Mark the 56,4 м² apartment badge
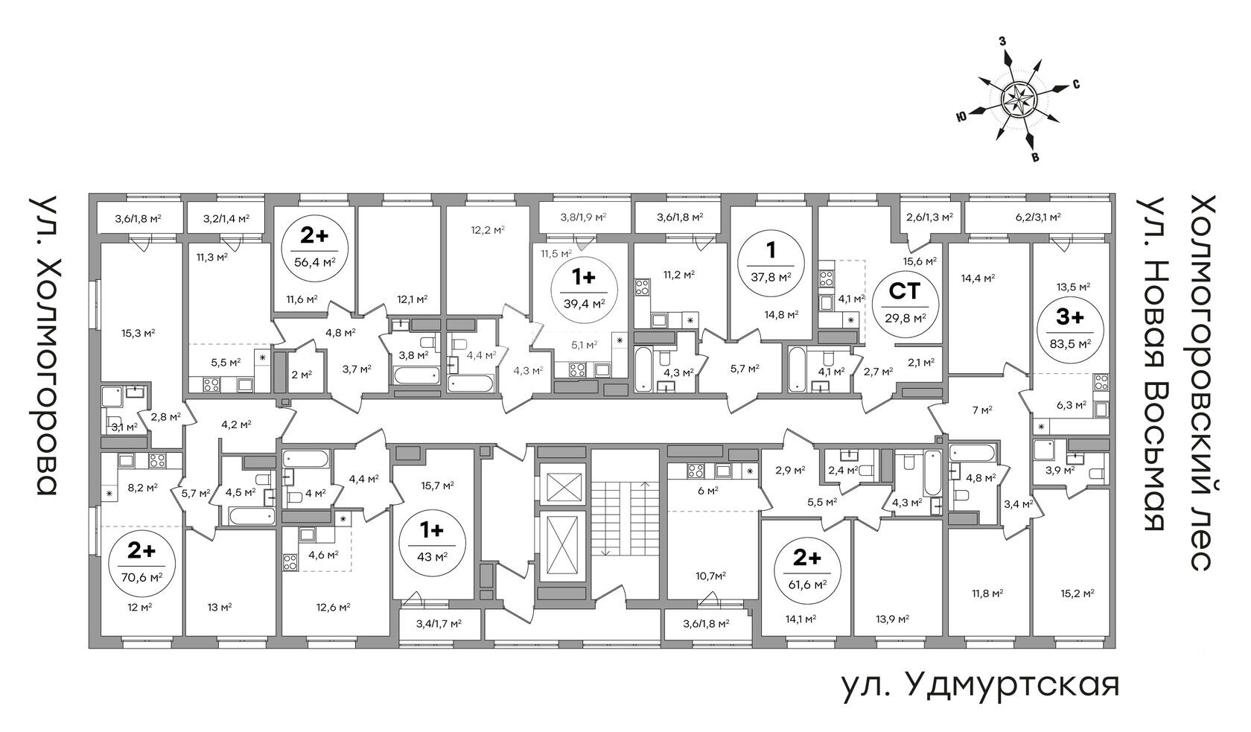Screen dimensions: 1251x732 click(x=315, y=250)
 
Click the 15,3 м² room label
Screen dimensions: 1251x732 click(x=138, y=334)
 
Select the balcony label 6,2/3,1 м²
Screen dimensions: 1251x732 click(x=1038, y=217)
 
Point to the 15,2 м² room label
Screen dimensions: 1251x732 click(x=1077, y=593)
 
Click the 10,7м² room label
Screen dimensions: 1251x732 click(x=710, y=576)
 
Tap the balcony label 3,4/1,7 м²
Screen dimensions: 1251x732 click(x=439, y=623)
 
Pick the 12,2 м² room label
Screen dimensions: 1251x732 click(x=488, y=229)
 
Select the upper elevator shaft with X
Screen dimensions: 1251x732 click(x=563, y=486)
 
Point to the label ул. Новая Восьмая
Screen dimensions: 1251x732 click(x=1151, y=363)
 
